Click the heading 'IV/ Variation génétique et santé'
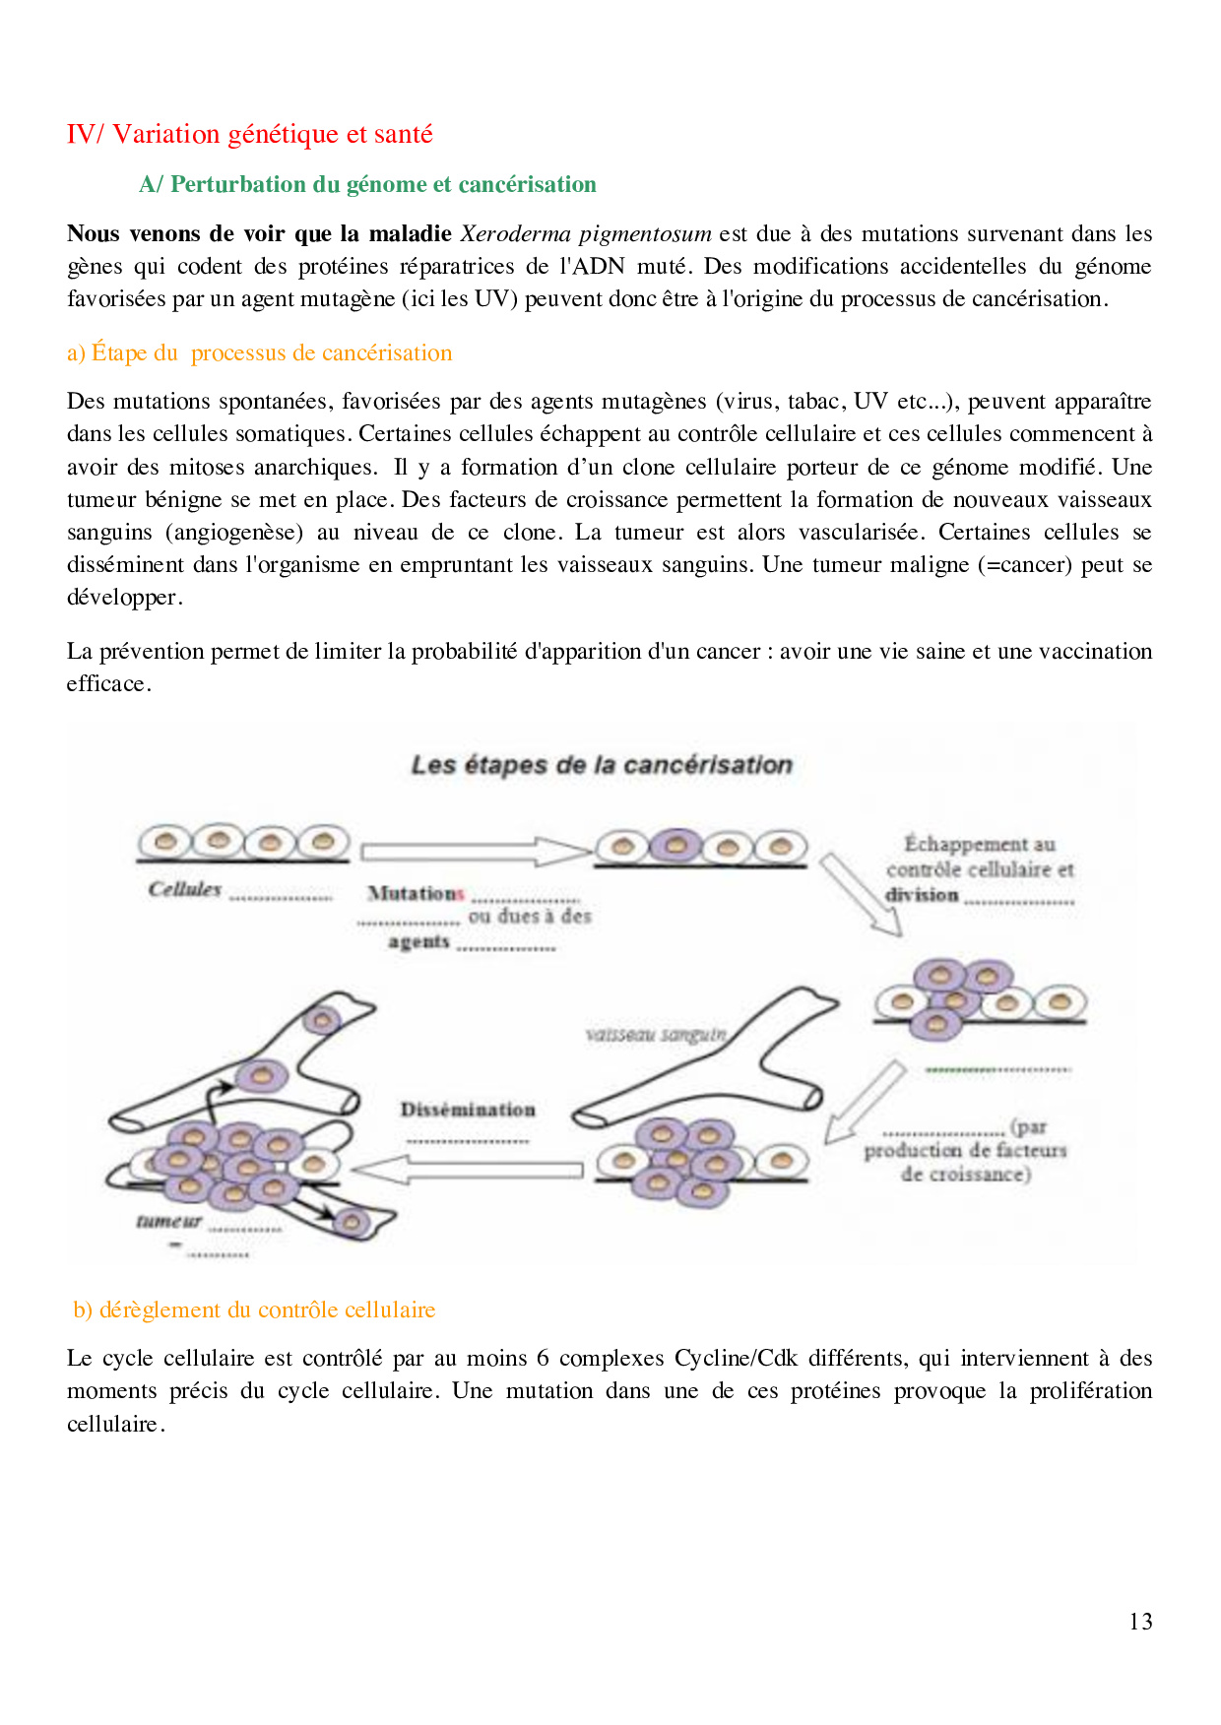click(249, 134)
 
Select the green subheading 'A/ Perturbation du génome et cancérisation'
click(367, 184)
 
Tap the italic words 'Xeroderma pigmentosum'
click(585, 234)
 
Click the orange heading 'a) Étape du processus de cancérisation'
click(259, 352)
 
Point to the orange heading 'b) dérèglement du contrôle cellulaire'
click(254, 1310)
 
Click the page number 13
click(1140, 1622)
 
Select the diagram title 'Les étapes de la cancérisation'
click(601, 765)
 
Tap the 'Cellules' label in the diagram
click(184, 889)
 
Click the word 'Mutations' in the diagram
click(415, 893)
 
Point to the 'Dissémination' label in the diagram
click(467, 1110)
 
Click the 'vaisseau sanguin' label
click(656, 1035)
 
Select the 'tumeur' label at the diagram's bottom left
click(168, 1221)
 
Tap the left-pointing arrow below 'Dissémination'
click(467, 1170)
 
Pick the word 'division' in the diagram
click(921, 895)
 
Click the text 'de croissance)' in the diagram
click(965, 1174)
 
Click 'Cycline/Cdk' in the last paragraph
click(735, 1359)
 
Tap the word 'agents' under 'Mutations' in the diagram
click(418, 942)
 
